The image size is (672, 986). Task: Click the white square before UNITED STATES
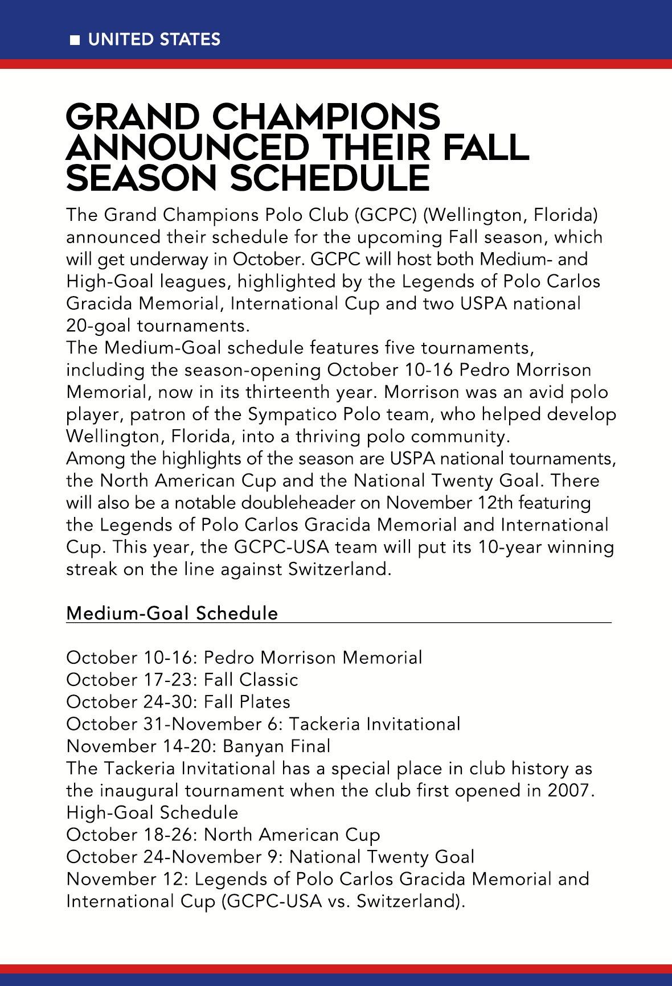click(x=74, y=40)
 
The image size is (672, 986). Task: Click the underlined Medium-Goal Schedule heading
click(x=172, y=613)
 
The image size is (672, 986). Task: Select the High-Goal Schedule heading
click(x=152, y=813)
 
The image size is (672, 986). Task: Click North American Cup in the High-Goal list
click(x=292, y=835)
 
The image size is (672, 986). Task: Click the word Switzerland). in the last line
click(x=408, y=902)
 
